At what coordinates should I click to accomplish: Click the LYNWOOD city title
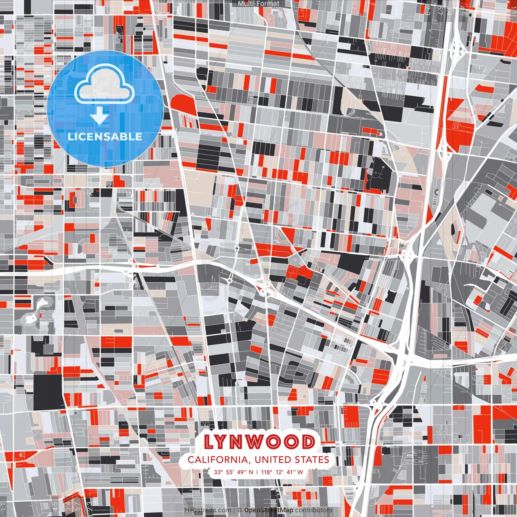point(259,442)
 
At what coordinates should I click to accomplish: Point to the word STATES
point(313,460)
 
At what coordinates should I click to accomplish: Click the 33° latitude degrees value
point(219,472)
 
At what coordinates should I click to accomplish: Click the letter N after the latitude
point(252,472)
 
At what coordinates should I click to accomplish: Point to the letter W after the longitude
point(300,472)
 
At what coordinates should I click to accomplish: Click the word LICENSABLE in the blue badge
point(105,137)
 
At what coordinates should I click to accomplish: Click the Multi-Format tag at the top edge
point(258,4)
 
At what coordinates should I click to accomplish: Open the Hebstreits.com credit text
point(208,511)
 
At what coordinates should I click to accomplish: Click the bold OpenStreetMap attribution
point(269,511)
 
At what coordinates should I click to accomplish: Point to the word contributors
point(314,511)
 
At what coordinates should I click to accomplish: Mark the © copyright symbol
point(240,511)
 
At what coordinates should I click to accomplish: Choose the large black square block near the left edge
point(48,391)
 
